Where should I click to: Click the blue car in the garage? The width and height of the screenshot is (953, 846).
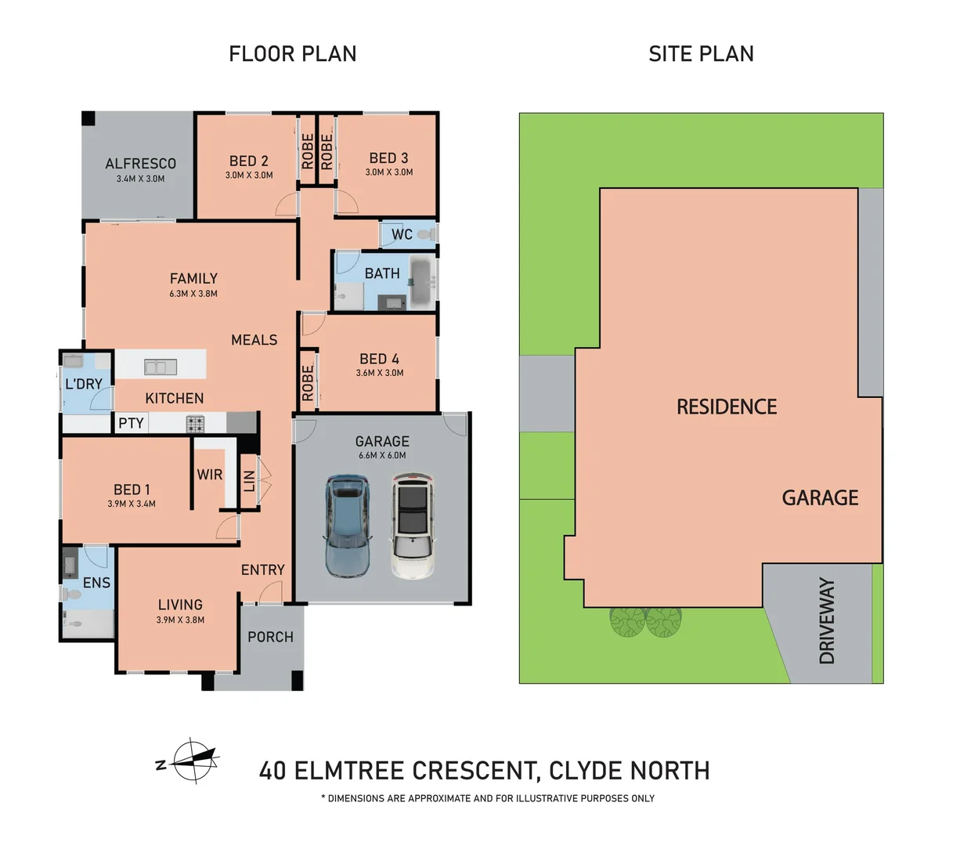(x=347, y=526)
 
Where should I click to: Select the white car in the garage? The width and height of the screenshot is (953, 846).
(x=413, y=526)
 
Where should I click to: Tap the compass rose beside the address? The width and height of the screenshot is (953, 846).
(x=193, y=761)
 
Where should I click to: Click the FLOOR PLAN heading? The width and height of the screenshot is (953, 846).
(x=293, y=53)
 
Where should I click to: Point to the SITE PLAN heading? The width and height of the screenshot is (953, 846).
(x=701, y=53)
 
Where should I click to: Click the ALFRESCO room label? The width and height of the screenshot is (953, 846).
(x=141, y=164)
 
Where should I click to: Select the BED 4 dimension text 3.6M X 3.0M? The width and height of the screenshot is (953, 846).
(x=380, y=373)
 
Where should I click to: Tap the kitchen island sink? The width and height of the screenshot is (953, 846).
(x=161, y=367)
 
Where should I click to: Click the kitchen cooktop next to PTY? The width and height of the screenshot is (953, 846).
(x=195, y=424)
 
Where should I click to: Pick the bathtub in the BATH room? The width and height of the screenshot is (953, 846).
(x=421, y=282)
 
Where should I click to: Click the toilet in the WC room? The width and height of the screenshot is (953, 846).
(x=426, y=234)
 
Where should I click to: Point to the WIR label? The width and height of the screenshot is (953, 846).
(x=210, y=474)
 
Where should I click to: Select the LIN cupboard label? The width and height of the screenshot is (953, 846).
(x=249, y=481)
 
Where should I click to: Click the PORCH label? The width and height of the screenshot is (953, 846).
(x=270, y=637)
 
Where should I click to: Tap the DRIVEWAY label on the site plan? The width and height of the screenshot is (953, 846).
(x=826, y=620)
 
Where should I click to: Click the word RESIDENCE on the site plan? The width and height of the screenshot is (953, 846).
(x=727, y=407)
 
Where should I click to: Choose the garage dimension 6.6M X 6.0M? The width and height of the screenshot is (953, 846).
(x=382, y=455)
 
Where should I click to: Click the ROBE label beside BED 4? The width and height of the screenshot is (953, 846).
(x=308, y=383)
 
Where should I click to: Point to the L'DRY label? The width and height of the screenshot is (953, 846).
(x=84, y=384)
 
